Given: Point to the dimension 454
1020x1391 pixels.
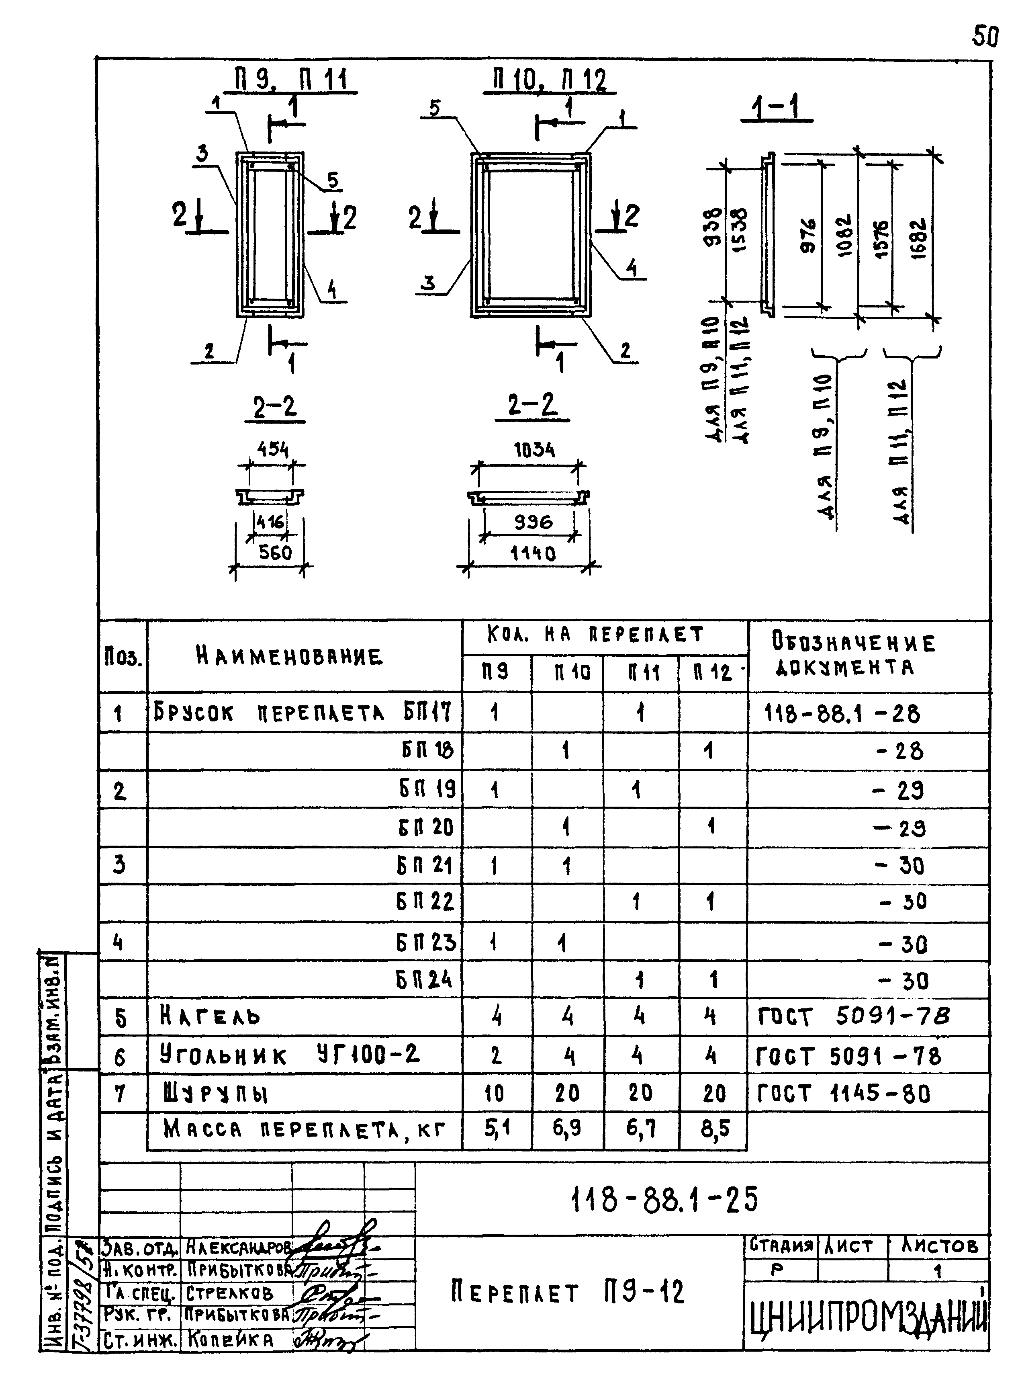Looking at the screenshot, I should point(272,450).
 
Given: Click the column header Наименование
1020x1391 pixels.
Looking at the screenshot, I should point(289,656).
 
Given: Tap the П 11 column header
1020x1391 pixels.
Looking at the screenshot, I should point(641,672).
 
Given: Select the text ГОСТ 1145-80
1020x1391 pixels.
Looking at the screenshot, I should point(843,1094).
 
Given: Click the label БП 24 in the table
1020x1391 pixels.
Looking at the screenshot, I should point(425,979).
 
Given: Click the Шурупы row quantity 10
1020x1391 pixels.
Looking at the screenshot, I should point(494,1094).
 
